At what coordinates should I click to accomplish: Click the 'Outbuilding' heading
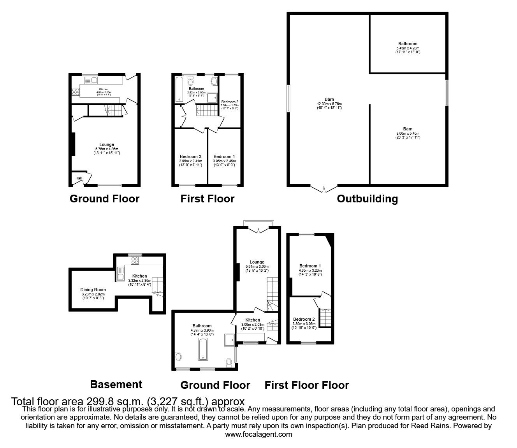367,199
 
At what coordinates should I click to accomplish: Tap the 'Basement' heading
116,385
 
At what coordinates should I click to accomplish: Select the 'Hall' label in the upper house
79,178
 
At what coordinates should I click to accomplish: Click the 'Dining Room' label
93,290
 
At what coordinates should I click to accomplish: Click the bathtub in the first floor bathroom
179,90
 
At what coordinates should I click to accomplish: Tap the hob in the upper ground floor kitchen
76,92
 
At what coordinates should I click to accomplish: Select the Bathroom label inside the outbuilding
408,44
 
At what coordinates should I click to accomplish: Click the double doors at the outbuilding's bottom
324,189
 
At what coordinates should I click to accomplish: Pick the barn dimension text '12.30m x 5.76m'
329,104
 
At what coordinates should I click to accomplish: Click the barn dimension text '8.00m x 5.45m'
408,134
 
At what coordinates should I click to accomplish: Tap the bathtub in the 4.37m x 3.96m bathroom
203,349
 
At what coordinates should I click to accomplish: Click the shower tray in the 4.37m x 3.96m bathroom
229,339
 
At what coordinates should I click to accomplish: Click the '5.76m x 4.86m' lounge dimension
106,149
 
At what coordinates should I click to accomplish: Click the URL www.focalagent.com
258,434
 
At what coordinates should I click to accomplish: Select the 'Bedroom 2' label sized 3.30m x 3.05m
304,319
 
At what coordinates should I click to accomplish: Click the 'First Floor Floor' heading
307,385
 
